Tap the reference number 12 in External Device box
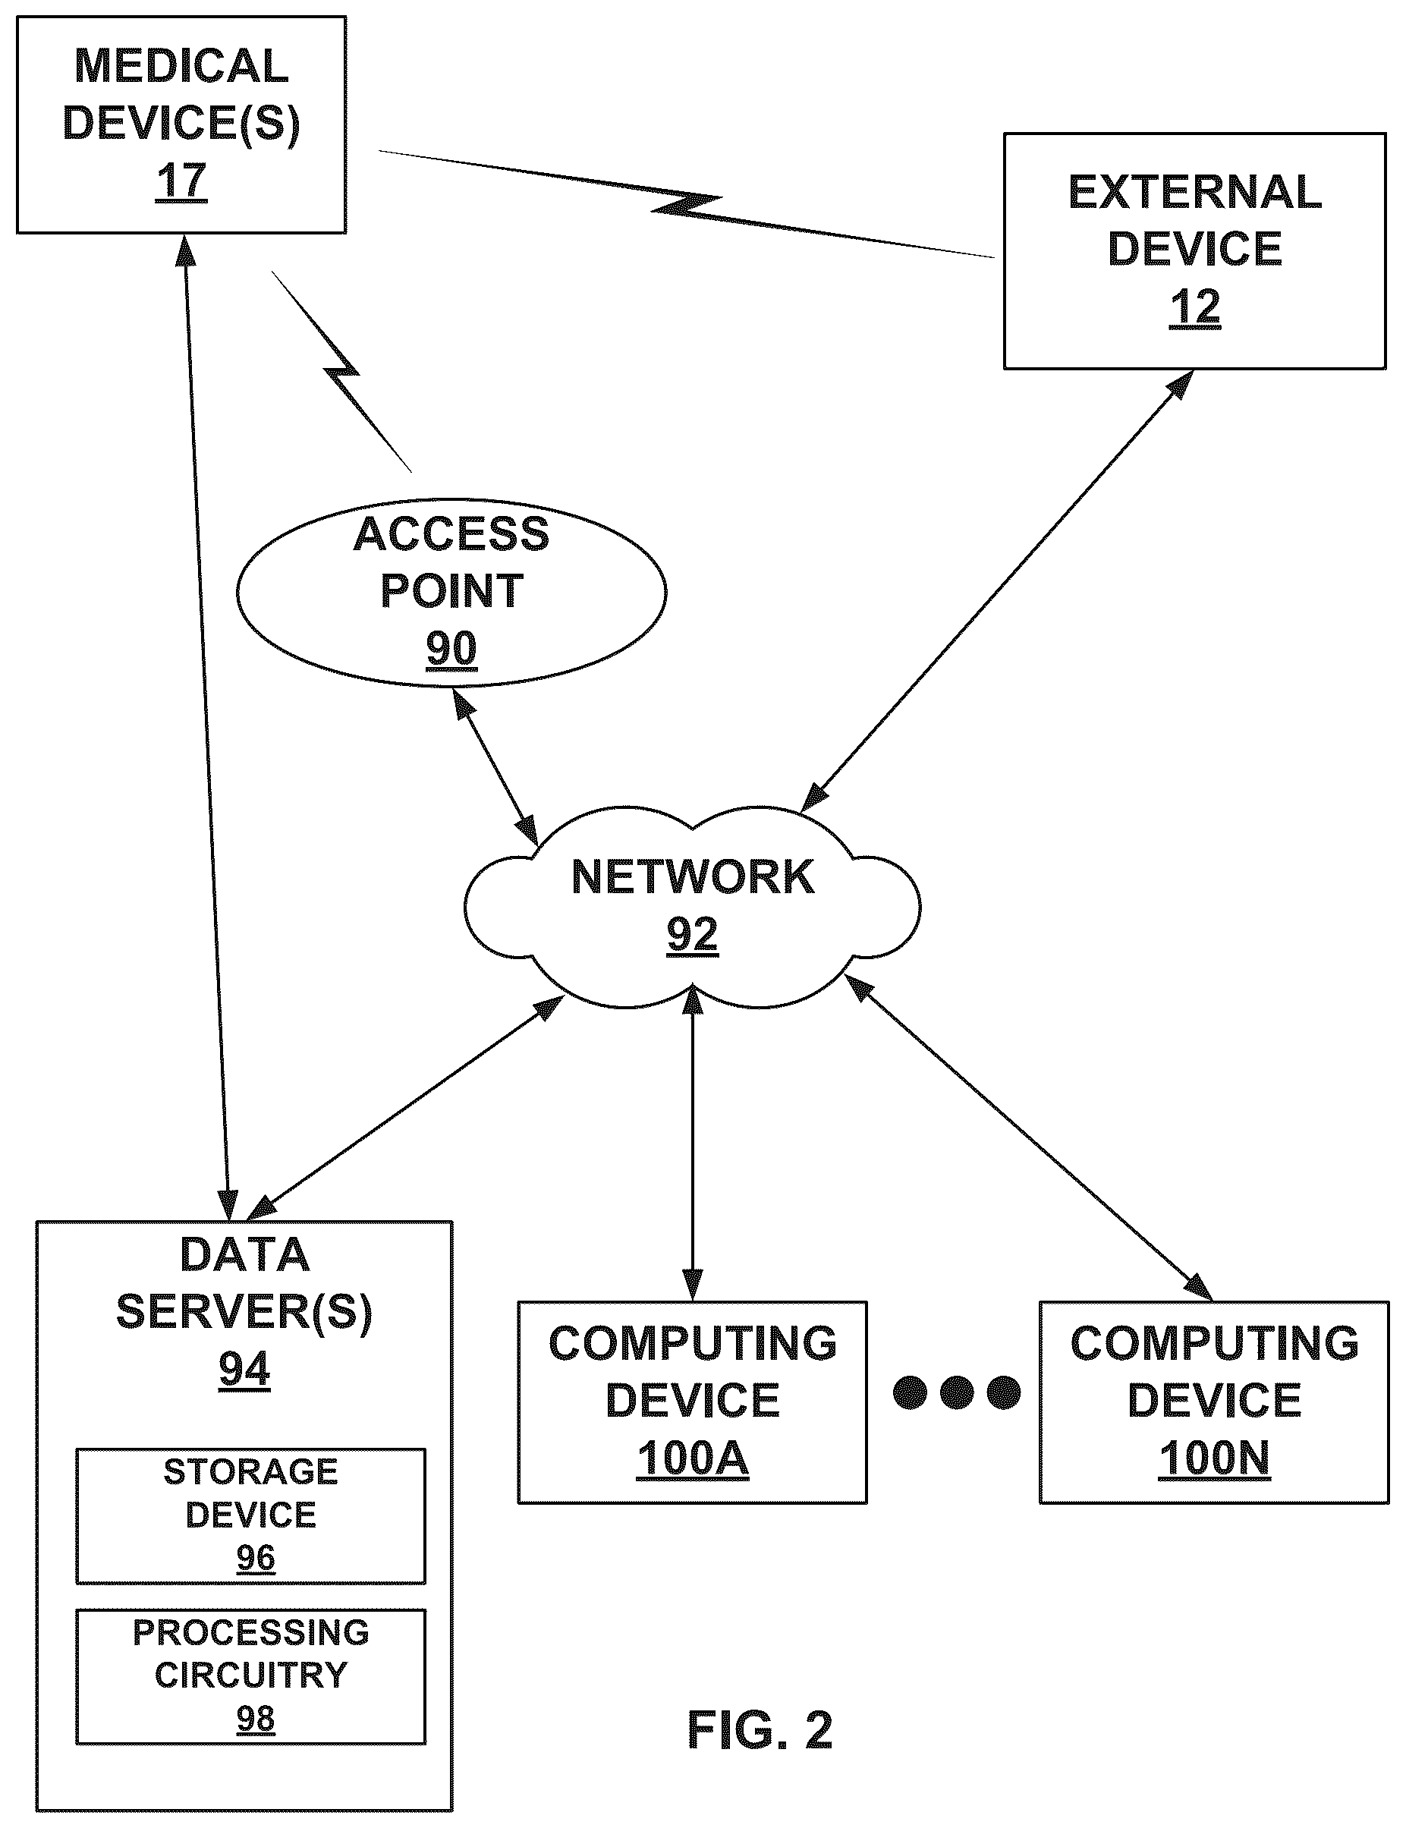[1194, 308]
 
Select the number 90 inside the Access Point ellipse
[452, 649]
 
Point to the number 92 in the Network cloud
[692, 935]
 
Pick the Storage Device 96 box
[251, 1516]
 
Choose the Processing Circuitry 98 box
[251, 1676]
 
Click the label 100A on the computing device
[692, 1459]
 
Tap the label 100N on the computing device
[1214, 1459]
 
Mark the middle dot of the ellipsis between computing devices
[958, 1392]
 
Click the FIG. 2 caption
[760, 1730]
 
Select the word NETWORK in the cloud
[693, 877]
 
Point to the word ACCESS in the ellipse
[451, 534]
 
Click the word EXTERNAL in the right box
[1195, 193]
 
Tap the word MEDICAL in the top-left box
[181, 66]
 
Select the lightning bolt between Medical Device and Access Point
[342, 372]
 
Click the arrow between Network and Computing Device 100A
[693, 1143]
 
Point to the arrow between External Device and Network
[997, 591]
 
